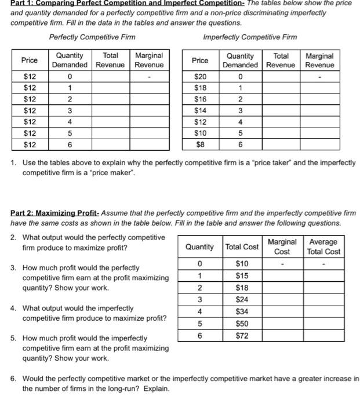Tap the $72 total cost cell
coord(242,335)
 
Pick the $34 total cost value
coord(242,312)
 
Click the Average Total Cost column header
coord(324,246)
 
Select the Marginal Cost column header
coord(282,246)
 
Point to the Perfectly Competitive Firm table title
coord(92,37)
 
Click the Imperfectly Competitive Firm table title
coord(250,37)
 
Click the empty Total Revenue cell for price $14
coord(281,110)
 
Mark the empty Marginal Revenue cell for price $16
coord(319,99)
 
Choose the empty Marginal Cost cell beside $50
coord(282,324)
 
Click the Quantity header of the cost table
coord(199,246)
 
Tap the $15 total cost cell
coord(242,275)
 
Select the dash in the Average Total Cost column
coord(324,264)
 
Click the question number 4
coord(13,309)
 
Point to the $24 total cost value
coord(242,300)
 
